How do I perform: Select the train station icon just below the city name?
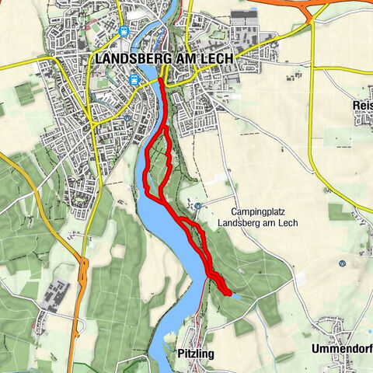pyautogui.click(x=134, y=79)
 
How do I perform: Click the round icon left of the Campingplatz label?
pyautogui.click(x=197, y=206)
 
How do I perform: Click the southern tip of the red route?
pyautogui.click(x=228, y=293)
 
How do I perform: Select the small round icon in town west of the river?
pyautogui.click(x=126, y=118)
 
